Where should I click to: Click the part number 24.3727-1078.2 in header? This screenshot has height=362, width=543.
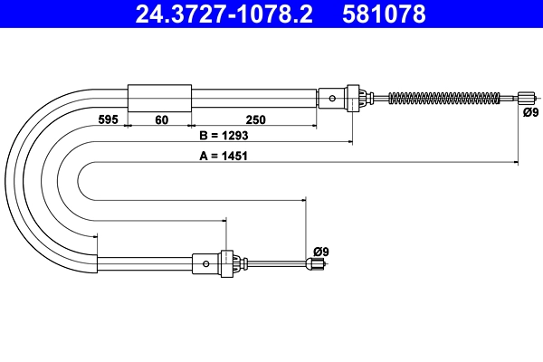[224, 14]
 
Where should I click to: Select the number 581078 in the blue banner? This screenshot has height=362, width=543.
[384, 14]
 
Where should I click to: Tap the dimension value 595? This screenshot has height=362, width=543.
[109, 119]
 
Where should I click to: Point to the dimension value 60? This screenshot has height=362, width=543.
[162, 119]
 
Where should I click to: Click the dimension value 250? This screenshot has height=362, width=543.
[255, 119]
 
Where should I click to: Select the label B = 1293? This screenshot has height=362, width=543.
[224, 136]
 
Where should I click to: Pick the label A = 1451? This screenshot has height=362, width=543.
[224, 156]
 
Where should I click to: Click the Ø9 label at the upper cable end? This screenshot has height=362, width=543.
[531, 112]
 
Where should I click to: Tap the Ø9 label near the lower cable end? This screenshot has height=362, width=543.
[321, 252]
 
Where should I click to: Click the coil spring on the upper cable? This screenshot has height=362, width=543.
[444, 98]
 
